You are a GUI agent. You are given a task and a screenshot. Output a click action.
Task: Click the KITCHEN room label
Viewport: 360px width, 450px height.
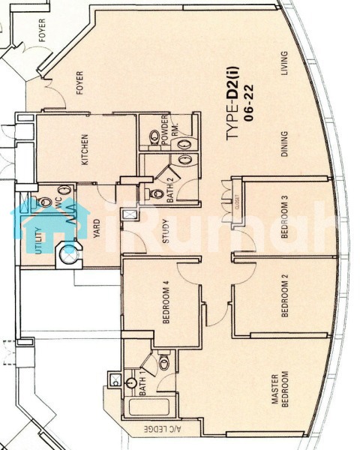(x=85, y=149)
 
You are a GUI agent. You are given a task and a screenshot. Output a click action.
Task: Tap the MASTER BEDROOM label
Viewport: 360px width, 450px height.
(x=280, y=389)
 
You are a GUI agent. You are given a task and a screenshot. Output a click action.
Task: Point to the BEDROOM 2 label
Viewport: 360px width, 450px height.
(x=285, y=295)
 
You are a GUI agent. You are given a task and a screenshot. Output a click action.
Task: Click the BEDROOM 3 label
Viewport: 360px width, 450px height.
(x=284, y=217)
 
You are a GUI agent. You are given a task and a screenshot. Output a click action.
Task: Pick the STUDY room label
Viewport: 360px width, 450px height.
(x=166, y=231)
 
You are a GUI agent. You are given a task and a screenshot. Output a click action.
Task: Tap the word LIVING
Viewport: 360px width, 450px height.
(x=284, y=63)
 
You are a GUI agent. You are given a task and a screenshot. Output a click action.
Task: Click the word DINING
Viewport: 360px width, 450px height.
(x=284, y=144)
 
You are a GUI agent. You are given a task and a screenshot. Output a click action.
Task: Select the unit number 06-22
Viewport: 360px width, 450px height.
(x=248, y=103)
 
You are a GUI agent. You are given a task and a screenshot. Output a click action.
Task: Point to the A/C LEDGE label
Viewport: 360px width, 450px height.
(x=163, y=430)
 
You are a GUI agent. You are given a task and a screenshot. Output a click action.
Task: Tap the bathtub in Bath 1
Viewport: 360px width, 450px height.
(x=148, y=407)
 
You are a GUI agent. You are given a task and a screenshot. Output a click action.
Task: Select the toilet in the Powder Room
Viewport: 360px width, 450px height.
(x=154, y=138)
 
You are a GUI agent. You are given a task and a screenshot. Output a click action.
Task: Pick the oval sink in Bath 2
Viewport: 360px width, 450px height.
(x=185, y=160)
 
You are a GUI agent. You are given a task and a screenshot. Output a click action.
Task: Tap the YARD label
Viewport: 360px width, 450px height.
(x=97, y=229)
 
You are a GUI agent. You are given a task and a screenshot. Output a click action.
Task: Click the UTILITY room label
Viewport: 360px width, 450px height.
(x=39, y=241)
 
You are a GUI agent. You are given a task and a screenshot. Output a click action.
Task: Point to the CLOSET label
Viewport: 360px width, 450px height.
(x=237, y=202)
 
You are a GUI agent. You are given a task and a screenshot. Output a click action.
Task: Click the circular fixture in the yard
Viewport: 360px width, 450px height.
(x=69, y=254)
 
